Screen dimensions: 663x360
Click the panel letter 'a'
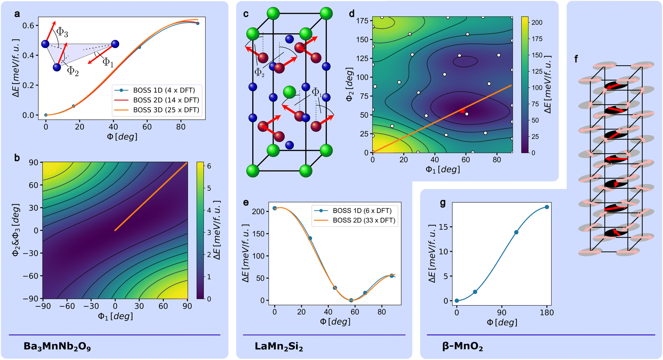click(x=17, y=14)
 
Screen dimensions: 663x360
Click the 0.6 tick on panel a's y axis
click(x=29, y=26)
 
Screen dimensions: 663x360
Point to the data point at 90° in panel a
click(x=198, y=23)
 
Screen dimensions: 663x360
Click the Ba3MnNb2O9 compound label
click(x=57, y=347)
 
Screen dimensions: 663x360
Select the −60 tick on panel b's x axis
click(x=67, y=306)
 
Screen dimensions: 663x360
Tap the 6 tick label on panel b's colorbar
click(x=209, y=166)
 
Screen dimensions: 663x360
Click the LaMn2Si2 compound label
click(x=279, y=347)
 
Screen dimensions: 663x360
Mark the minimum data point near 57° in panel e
click(x=351, y=300)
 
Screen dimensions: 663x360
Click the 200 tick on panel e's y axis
click(x=258, y=211)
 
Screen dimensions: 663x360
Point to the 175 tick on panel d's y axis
click(x=362, y=21)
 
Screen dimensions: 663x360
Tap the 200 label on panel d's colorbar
click(x=537, y=23)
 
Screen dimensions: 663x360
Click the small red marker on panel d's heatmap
click(x=463, y=111)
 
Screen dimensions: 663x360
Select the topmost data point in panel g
click(x=547, y=207)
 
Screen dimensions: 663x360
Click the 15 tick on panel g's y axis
click(x=444, y=227)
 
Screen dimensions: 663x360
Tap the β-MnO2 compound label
click(x=463, y=347)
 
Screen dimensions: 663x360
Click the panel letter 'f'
click(x=576, y=59)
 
